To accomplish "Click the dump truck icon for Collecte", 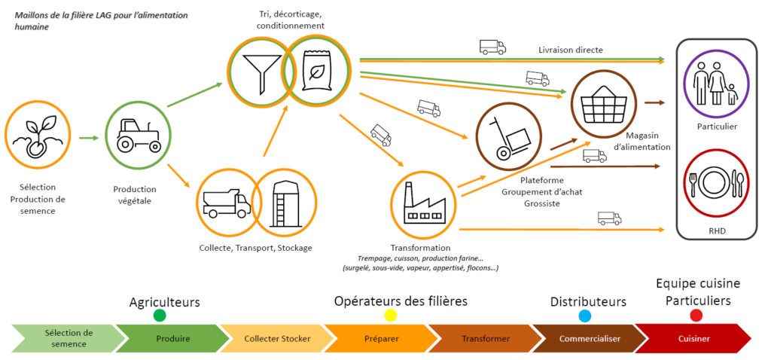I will click(x=227, y=200).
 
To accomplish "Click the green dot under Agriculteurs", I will click(x=160, y=315).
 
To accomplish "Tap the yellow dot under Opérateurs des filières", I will click(x=390, y=315).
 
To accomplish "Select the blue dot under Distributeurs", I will click(x=585, y=315).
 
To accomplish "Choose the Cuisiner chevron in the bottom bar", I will click(x=693, y=338).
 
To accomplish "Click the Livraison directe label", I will click(x=571, y=50).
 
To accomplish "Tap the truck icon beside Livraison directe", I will click(x=492, y=47).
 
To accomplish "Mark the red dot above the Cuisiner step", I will click(x=696, y=315).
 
